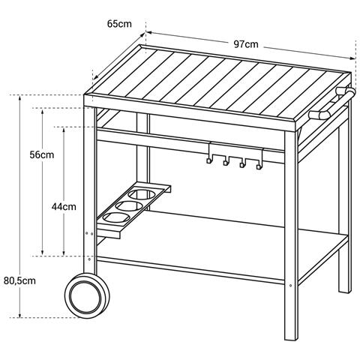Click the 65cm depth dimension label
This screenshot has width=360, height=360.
(119, 24)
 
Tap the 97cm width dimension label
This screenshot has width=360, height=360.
(246, 44)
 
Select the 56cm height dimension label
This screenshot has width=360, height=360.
(42, 154)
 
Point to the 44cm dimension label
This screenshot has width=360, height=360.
(64, 207)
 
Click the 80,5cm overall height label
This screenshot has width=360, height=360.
(19, 280)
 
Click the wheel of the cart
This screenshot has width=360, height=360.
(87, 296)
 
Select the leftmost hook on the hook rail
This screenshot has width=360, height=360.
(209, 160)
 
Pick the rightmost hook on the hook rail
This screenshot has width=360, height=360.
(259, 165)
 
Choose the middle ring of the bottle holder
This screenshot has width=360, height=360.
(129, 206)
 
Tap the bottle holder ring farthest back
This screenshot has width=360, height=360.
(142, 195)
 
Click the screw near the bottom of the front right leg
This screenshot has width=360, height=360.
(290, 285)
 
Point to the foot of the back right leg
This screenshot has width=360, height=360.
(345, 291)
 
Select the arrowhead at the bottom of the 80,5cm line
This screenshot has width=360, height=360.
(19, 316)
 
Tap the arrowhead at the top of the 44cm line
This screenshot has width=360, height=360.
(64, 130)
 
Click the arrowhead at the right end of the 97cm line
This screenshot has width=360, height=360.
(352, 58)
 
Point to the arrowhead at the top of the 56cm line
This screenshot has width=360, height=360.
(42, 111)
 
